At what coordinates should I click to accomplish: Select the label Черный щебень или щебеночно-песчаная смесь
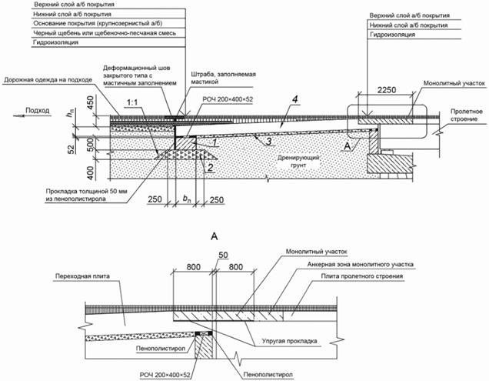70,35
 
